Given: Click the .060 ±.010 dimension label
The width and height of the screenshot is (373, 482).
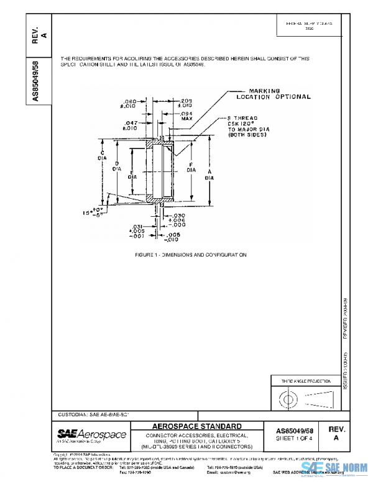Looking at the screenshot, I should [130, 104].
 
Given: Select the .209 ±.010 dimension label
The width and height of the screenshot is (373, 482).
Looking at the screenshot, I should [185, 103].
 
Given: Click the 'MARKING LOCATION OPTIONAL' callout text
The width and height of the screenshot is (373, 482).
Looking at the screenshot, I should [274, 94].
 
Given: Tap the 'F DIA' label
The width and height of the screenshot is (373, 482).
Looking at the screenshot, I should [191, 166].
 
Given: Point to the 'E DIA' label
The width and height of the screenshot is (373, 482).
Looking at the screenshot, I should [133, 176].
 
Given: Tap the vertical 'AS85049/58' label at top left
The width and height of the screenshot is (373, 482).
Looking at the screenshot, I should [36, 81].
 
